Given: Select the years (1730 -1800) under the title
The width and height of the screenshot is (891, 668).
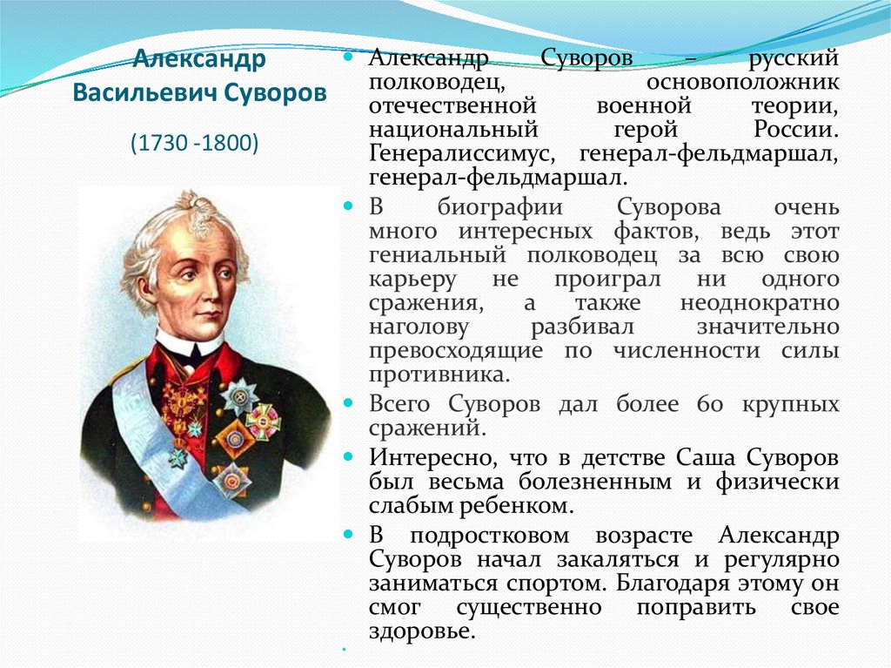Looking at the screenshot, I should coord(195,143).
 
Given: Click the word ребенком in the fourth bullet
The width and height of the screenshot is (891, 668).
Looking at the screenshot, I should coord(512,506).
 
